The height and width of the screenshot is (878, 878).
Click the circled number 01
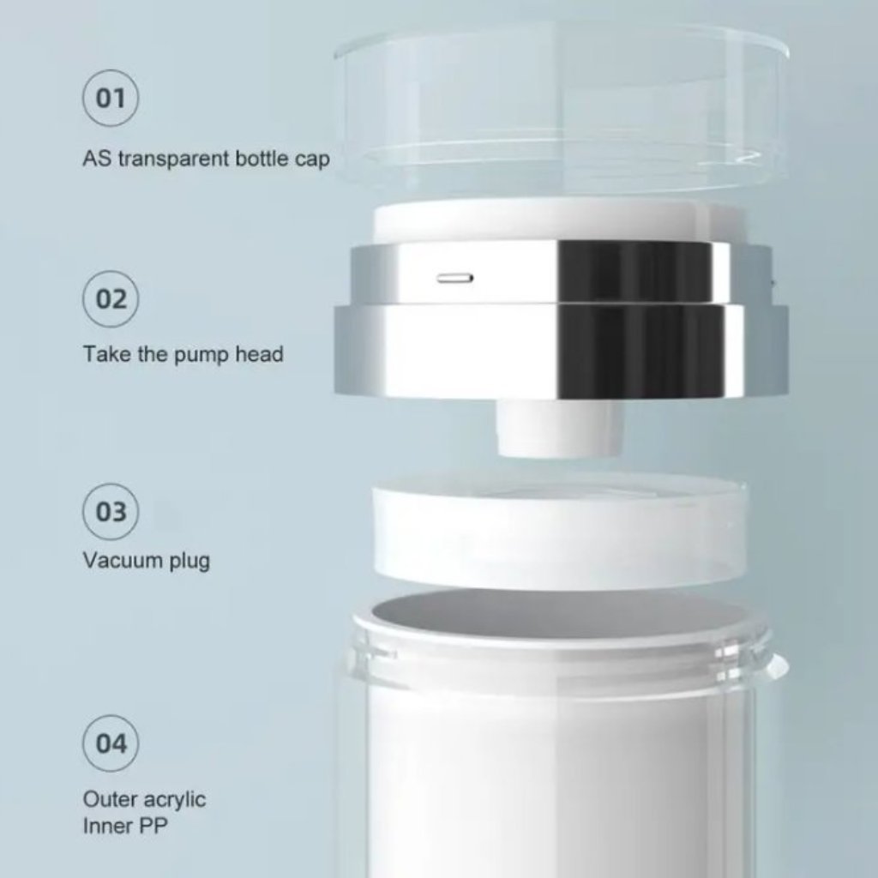tap(111, 98)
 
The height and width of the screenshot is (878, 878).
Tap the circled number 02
tap(111, 299)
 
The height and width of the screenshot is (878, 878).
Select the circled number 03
tap(111, 512)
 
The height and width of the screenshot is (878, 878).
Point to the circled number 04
tap(111, 743)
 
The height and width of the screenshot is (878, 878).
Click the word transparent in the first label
tap(174, 159)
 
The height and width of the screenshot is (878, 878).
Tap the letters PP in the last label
tap(153, 826)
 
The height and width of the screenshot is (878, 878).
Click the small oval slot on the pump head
tap(455, 278)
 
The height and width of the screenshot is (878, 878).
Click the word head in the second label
tap(259, 354)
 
